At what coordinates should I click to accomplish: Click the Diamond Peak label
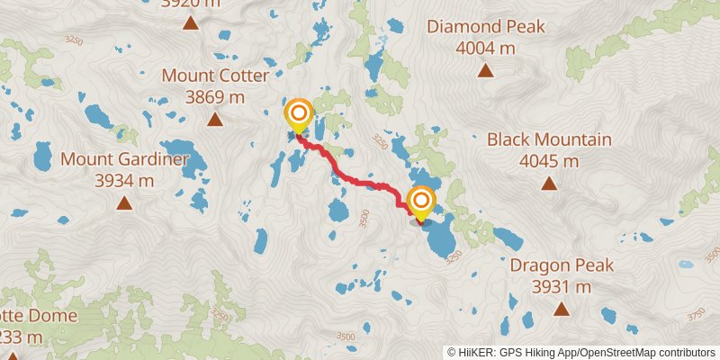point(486,26)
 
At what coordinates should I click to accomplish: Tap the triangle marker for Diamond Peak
point(486,70)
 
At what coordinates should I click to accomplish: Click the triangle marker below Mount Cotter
point(215,119)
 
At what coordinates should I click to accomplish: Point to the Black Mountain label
point(549,139)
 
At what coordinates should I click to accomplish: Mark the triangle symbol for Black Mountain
point(549,184)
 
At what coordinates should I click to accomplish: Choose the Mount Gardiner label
point(124,159)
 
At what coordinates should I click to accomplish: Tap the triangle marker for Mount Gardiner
point(124,202)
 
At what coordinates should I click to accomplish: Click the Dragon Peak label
point(562,265)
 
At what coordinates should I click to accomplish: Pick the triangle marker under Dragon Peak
point(562,310)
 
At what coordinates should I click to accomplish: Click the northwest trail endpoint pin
point(298,115)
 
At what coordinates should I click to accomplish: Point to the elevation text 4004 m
point(486,48)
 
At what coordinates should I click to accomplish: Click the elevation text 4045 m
point(549,161)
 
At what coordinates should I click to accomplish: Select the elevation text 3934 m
point(124,181)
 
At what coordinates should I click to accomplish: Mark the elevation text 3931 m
point(562,287)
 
